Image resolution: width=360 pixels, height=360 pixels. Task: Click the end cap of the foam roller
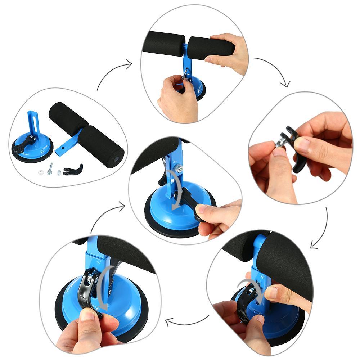(x=117, y=158)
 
